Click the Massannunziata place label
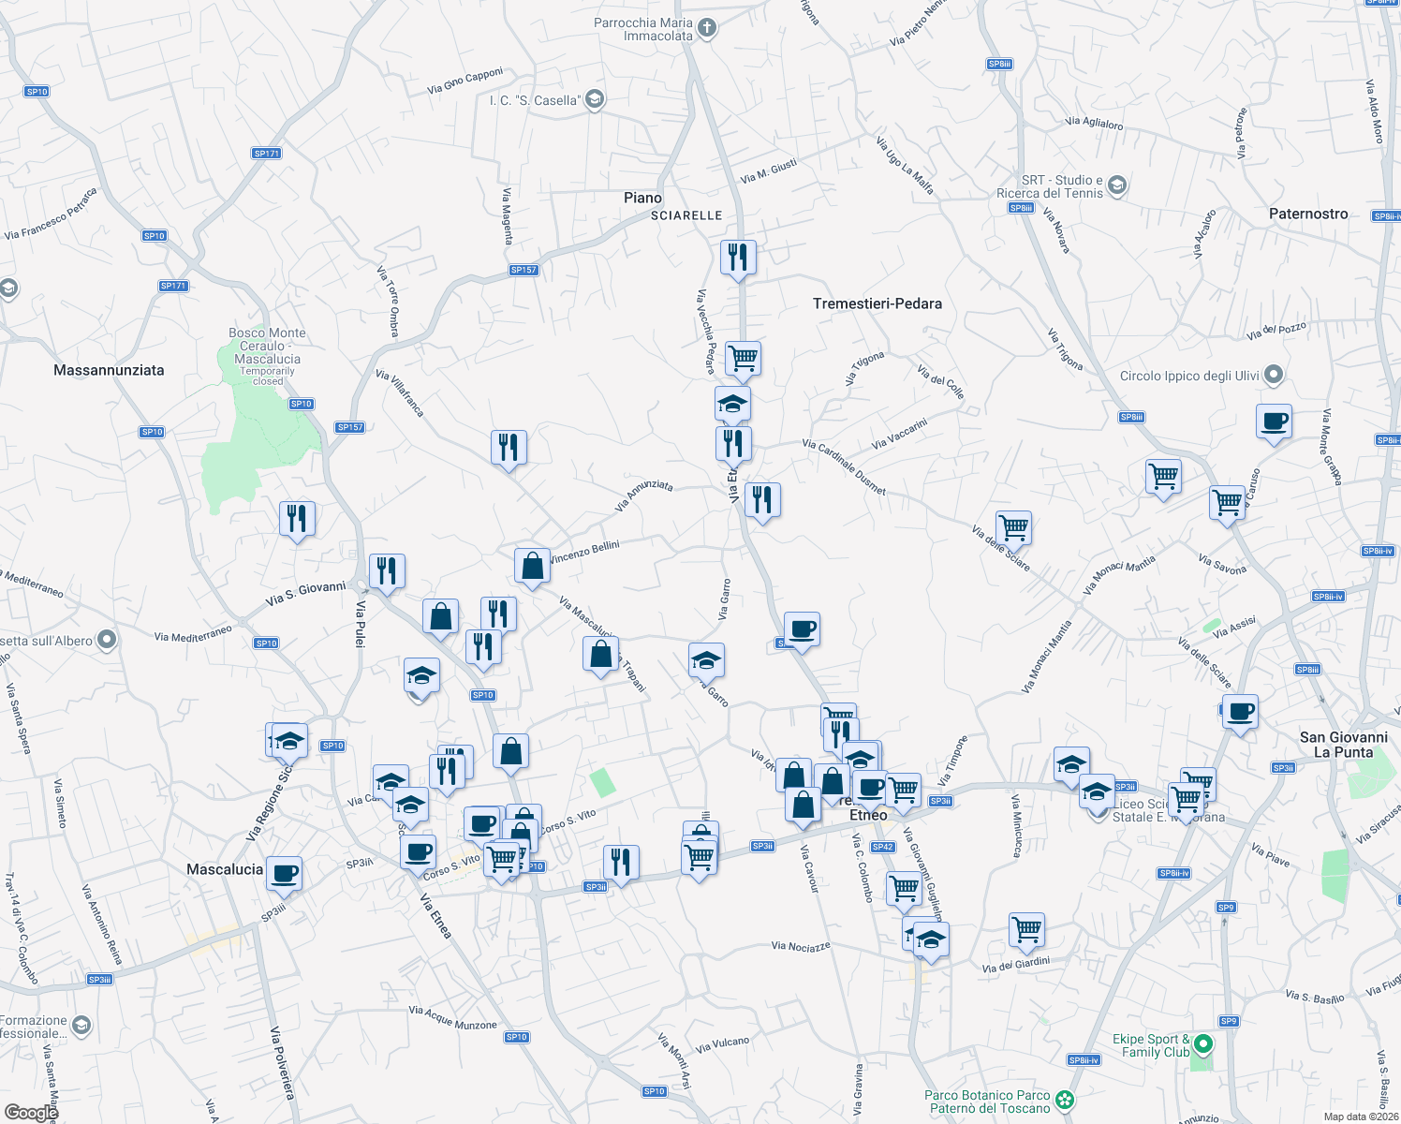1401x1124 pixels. (109, 370)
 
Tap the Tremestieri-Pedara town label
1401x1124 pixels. (877, 303)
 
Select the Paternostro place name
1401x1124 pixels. (1308, 214)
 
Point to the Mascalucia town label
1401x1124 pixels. (225, 869)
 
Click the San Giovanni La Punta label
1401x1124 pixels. (1343, 745)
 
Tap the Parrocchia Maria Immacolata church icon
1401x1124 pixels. (707, 28)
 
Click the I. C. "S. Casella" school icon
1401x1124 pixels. (595, 100)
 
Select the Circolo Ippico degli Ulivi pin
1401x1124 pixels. (1273, 376)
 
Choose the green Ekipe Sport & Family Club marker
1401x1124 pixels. (1203, 1043)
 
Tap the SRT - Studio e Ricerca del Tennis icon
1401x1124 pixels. (1116, 185)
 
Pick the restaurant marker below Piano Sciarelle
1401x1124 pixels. (738, 257)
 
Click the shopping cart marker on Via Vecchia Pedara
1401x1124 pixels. (743, 357)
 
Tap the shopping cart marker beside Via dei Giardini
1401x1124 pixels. (1027, 929)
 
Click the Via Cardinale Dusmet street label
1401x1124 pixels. (844, 466)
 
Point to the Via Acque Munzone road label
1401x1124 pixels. (452, 1018)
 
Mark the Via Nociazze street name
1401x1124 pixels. (801, 946)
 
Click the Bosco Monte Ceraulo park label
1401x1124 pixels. (268, 347)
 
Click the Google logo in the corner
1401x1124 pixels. (31, 1113)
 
